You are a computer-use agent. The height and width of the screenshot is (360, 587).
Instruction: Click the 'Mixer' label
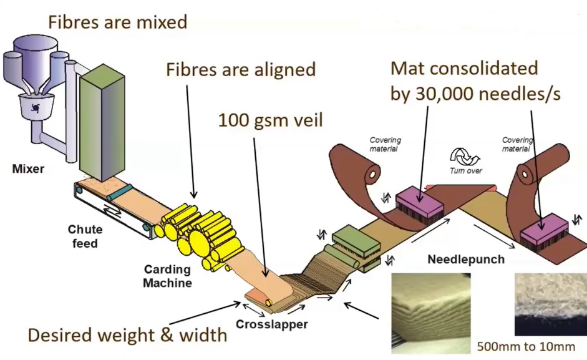click(x=27, y=168)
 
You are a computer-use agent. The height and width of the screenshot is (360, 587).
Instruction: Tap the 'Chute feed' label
click(x=84, y=236)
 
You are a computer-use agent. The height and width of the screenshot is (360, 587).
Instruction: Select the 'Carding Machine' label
click(x=167, y=276)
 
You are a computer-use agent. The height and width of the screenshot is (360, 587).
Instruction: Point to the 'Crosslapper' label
click(x=271, y=324)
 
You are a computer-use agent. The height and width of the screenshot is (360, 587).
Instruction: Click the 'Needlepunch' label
click(x=465, y=259)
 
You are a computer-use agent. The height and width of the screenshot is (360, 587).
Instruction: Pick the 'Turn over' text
click(x=466, y=171)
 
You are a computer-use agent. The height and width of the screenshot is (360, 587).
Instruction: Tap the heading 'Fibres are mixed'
click(x=118, y=22)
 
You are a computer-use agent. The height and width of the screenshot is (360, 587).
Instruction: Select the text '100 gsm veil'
click(x=270, y=120)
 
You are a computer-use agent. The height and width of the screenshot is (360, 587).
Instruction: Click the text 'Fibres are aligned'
click(x=241, y=69)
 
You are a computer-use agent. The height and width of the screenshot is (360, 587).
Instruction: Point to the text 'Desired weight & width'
click(x=127, y=335)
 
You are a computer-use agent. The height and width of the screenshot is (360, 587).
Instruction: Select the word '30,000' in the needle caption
click(x=454, y=94)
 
